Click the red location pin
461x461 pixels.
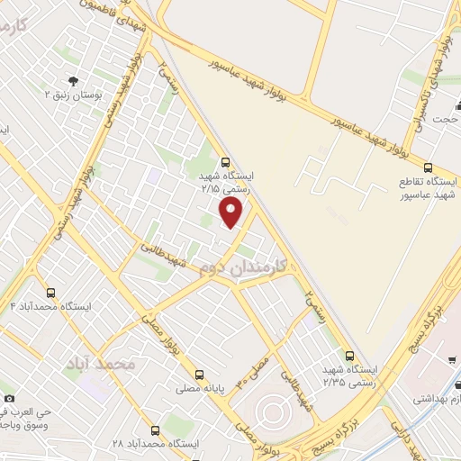[231, 212]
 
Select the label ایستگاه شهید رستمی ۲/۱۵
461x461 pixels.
[226, 183]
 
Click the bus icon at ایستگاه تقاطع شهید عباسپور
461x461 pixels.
[428, 167]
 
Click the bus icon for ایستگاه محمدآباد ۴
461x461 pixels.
[50, 293]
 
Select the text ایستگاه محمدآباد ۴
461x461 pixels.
[50, 307]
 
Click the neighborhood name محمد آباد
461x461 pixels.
[99, 363]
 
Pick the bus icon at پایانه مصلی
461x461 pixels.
[199, 374]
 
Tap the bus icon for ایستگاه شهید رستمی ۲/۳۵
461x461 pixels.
[349, 355]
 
